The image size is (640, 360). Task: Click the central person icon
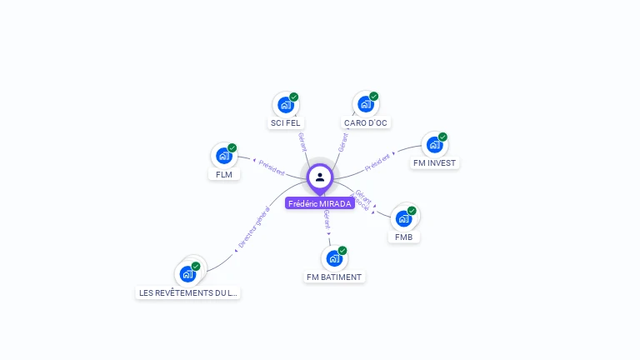320,177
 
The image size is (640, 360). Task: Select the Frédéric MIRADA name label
320,203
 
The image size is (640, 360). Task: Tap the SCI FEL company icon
285,105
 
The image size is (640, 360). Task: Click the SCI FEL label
285,123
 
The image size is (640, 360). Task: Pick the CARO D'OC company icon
365,105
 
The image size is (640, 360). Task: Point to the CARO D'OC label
366,123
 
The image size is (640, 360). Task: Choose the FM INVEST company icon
434,145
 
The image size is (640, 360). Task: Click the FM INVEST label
434,163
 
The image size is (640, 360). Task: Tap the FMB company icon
404,218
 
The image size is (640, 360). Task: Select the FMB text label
404,237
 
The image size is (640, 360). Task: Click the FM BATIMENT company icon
334,258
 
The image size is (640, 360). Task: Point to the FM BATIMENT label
334,277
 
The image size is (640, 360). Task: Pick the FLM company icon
223,156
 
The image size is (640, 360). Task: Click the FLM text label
223,175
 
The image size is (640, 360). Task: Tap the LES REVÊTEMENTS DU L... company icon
187,274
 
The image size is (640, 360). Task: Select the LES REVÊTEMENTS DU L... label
187,293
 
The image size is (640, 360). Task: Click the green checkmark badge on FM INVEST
442,137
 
